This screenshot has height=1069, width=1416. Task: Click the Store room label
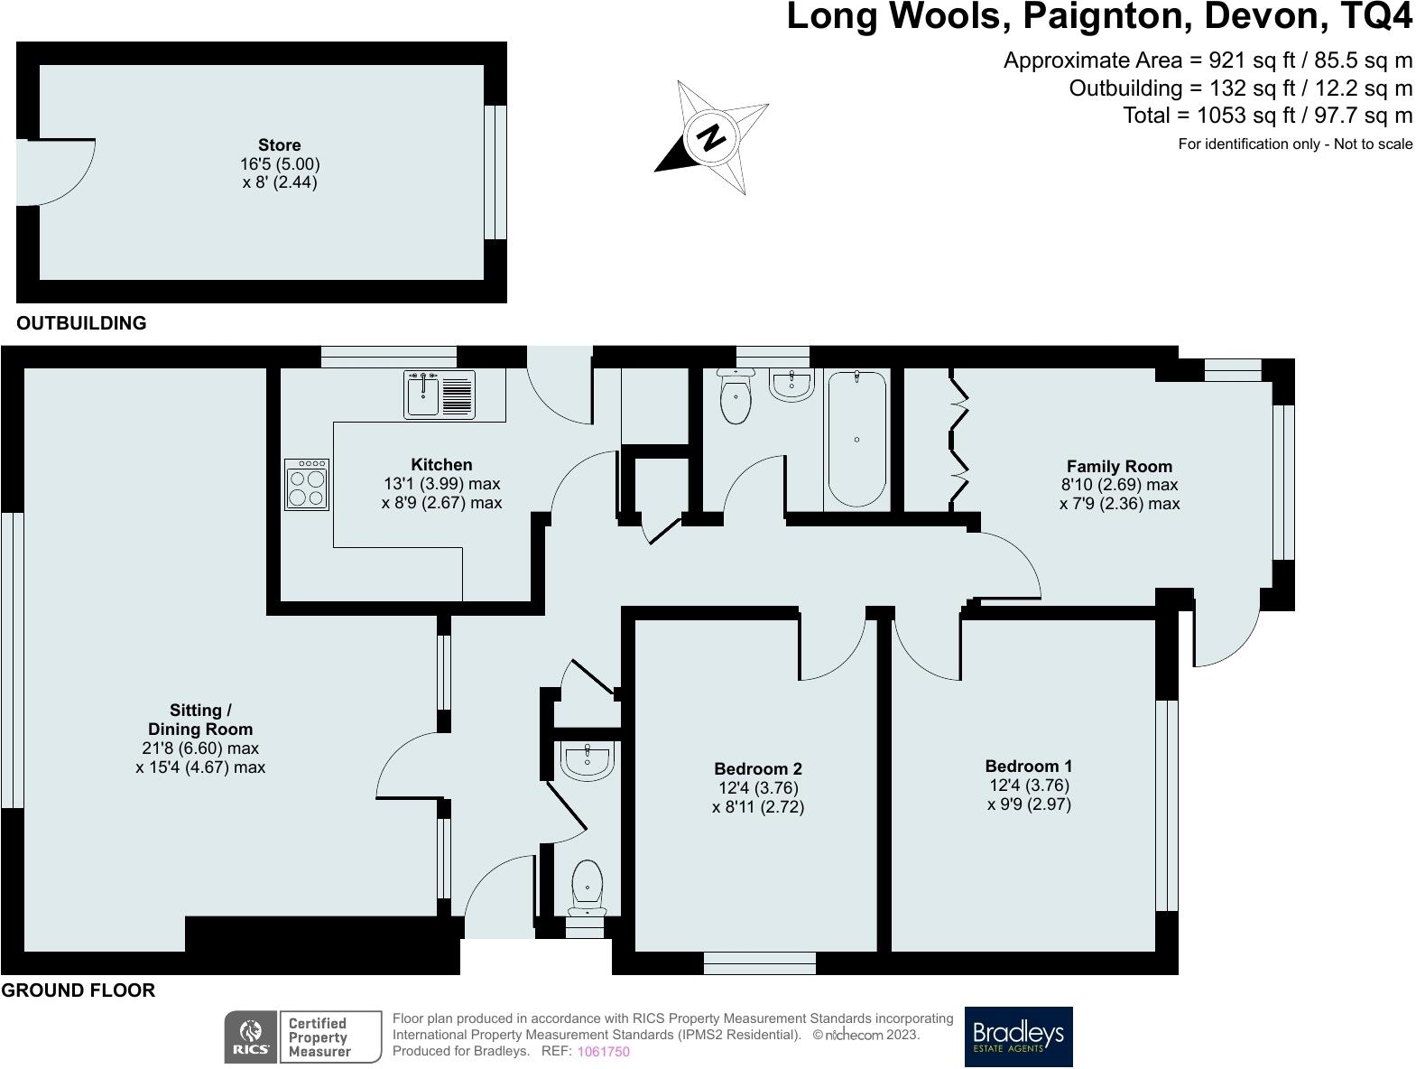coord(280,145)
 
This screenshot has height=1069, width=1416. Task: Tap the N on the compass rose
coord(710,136)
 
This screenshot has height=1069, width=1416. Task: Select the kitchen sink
coord(440,395)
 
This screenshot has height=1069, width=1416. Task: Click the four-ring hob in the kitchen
coord(307,485)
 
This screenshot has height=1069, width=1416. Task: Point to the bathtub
coord(856,439)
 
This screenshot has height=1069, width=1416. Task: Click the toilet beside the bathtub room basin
coord(736,396)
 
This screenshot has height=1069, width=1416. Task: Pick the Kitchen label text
coord(441,464)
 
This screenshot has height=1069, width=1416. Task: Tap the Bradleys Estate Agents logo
coord(1019,1036)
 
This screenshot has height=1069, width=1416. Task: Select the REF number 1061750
coord(603,1052)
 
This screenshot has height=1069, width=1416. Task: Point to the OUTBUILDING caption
coord(81,322)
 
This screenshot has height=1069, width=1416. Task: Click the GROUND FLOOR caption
coord(78,990)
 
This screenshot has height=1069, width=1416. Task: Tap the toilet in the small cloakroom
coord(587,887)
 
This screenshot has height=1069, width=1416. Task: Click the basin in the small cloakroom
coord(588,761)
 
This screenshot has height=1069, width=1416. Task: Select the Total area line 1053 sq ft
coord(1268,116)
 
